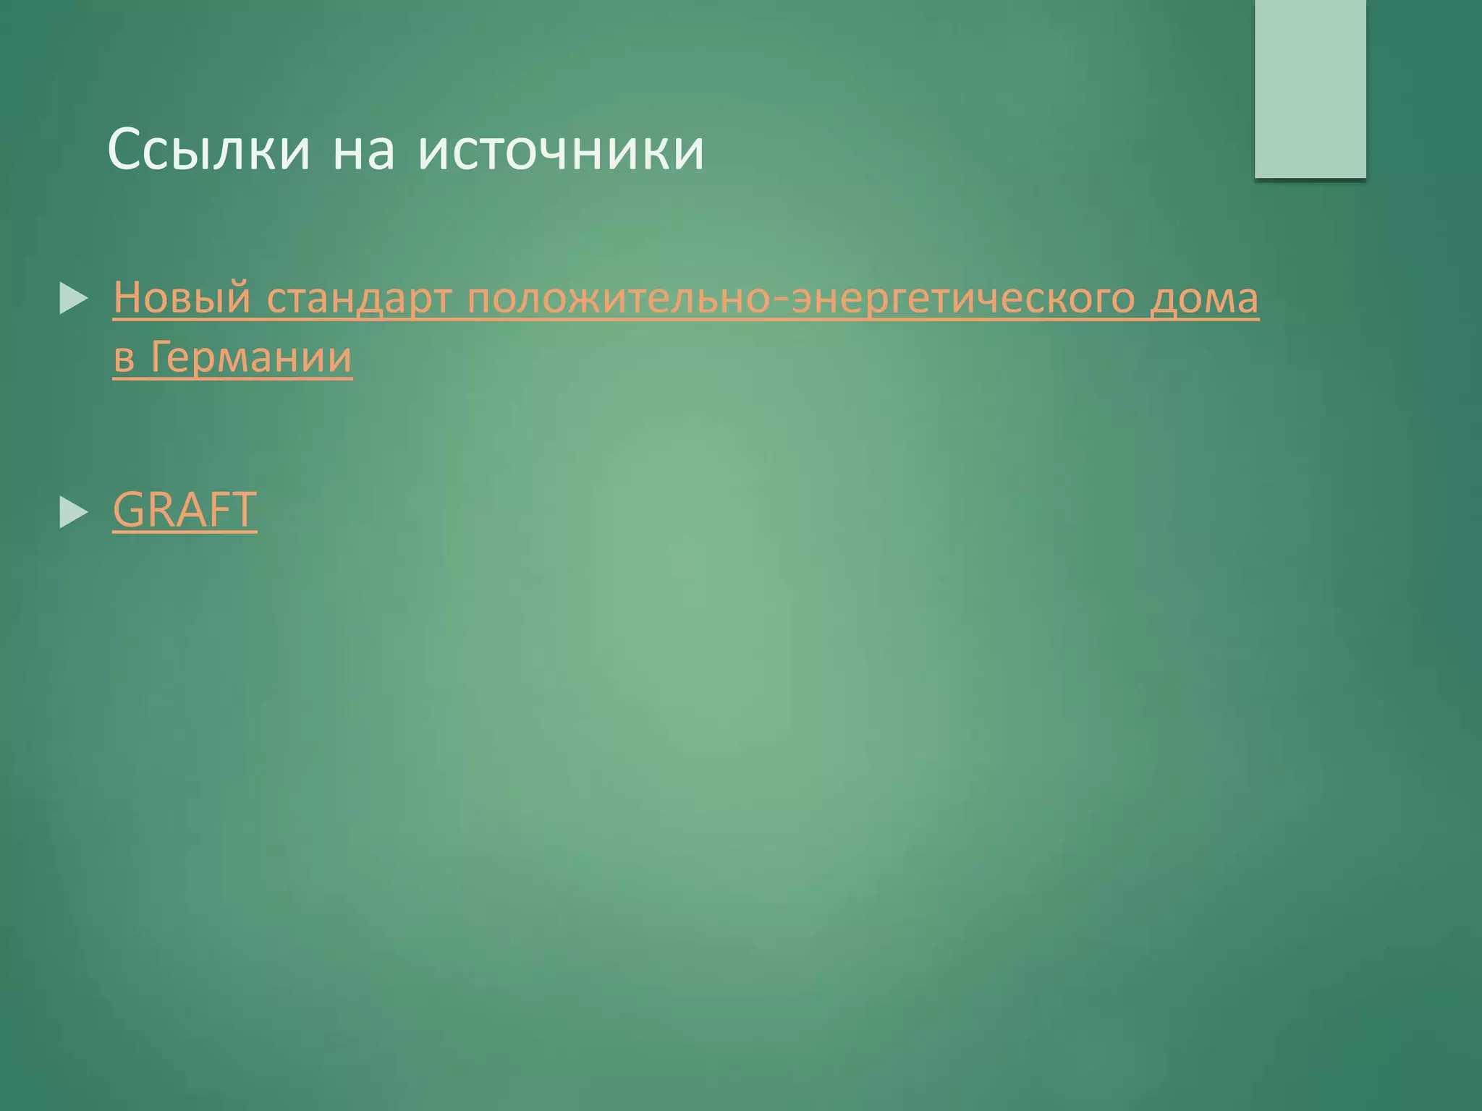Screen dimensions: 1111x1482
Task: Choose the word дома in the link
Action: (1204, 298)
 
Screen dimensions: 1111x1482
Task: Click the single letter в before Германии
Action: (124, 359)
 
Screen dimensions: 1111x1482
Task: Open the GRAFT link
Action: (185, 509)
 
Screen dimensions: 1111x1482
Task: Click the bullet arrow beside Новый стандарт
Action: (73, 299)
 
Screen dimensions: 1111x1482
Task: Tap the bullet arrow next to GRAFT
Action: (73, 512)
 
